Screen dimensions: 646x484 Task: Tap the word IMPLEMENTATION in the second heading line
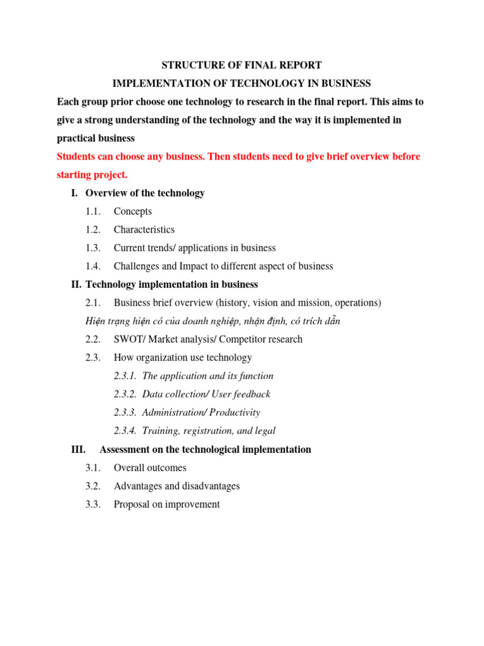154,83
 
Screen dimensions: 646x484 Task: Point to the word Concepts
132,211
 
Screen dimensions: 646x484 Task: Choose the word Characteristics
144,230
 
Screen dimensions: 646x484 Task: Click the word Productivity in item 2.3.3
234,413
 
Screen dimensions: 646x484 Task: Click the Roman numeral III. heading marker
78,450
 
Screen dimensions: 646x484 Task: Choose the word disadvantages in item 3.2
210,486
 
